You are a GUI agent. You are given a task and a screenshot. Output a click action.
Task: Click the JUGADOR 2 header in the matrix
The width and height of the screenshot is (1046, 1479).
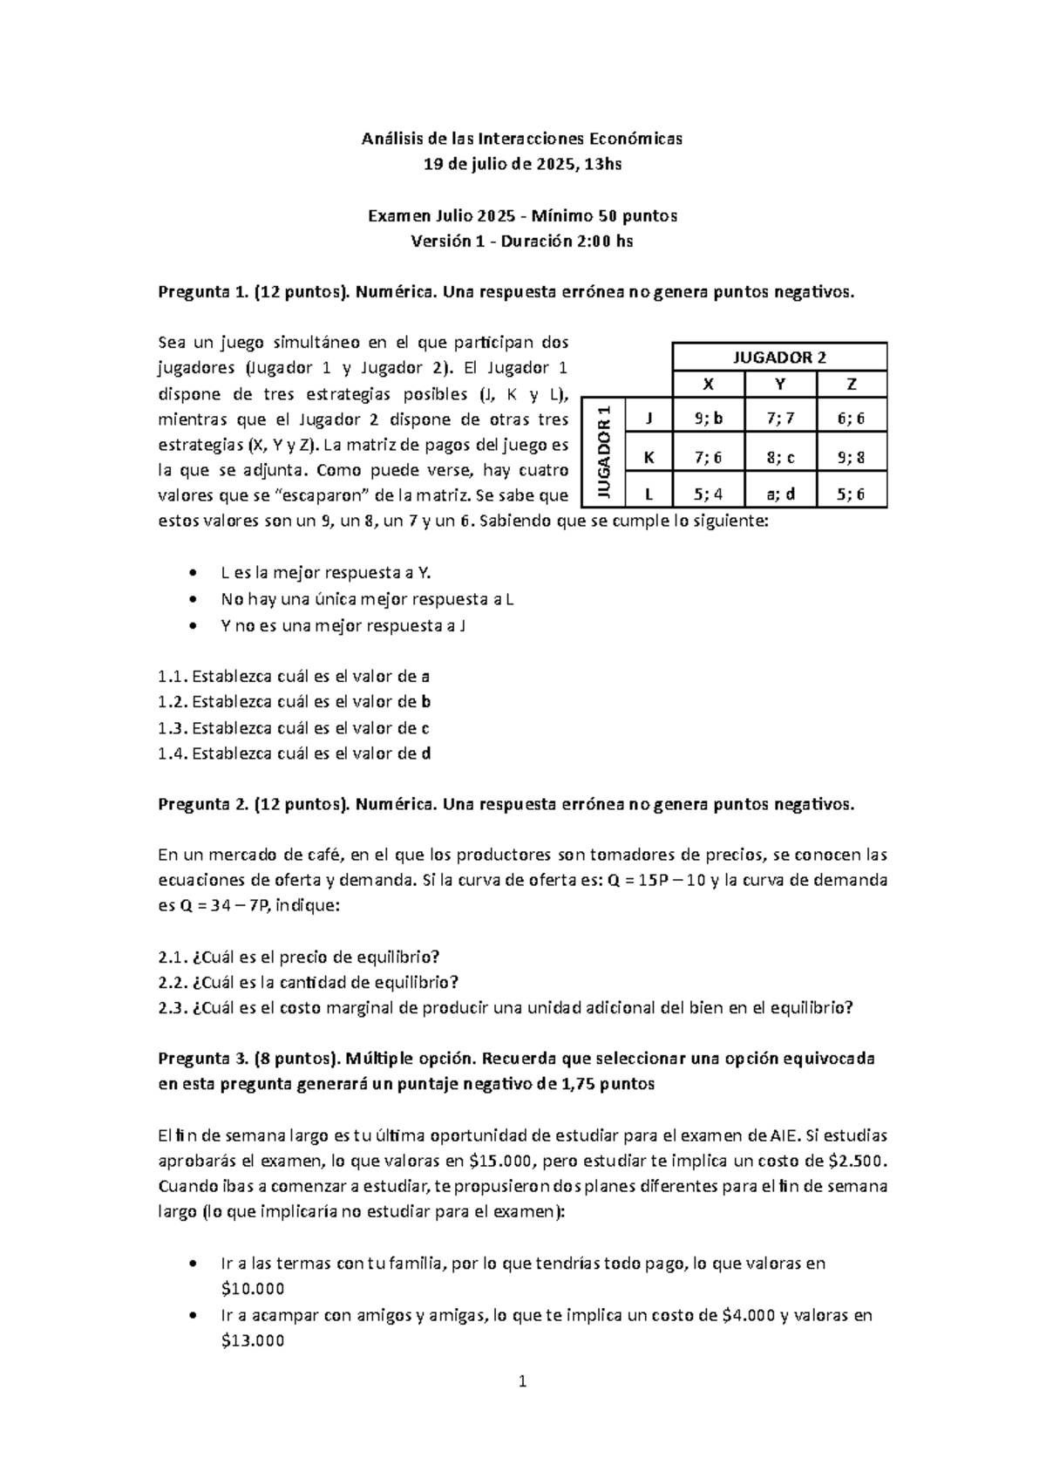(780, 358)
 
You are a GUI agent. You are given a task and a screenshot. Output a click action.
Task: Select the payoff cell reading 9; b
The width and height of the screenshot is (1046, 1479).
(709, 419)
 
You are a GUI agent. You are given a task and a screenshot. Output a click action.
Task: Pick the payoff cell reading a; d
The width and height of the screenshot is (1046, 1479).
(780, 494)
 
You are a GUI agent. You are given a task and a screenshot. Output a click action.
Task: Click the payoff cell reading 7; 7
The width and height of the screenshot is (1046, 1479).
(780, 419)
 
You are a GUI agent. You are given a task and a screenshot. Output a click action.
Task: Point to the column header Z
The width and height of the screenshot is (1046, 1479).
(852, 385)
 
